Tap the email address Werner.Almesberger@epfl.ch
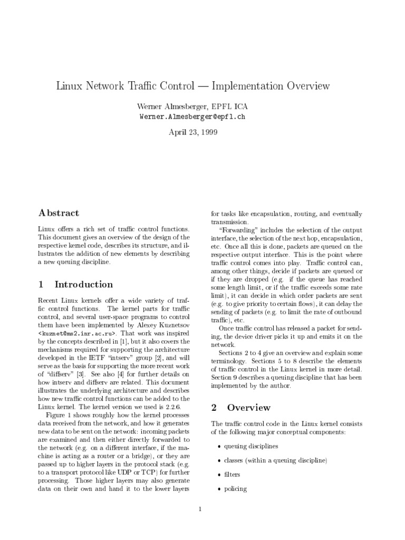click(x=193, y=117)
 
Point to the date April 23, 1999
click(x=193, y=132)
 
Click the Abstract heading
click(x=59, y=213)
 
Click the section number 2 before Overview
click(x=214, y=408)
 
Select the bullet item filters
click(x=233, y=475)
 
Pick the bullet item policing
click(x=235, y=489)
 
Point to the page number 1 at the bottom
click(x=200, y=509)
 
